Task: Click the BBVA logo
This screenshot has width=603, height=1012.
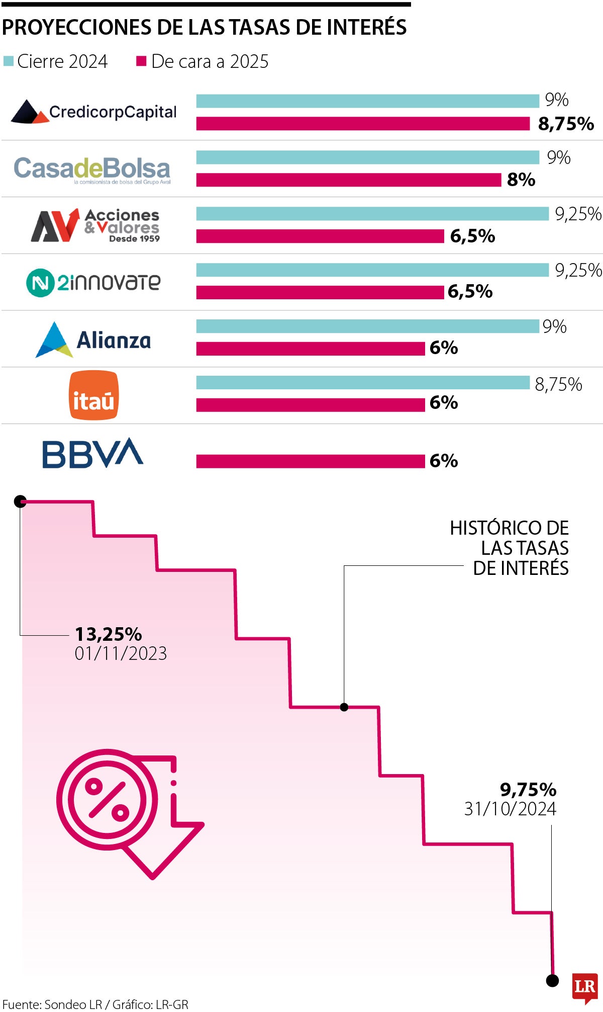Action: coord(93,453)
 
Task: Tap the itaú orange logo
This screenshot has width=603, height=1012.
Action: coord(93,395)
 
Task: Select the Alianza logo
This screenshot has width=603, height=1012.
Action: coord(93,340)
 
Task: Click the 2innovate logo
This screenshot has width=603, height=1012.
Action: coord(93,282)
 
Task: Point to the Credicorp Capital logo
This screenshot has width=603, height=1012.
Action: coord(93,112)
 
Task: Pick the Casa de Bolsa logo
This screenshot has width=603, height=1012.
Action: coord(92,170)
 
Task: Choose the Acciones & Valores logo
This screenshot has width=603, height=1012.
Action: coord(95,225)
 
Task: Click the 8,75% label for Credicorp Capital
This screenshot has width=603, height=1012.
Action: coord(566,124)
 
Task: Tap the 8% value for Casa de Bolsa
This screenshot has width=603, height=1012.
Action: coord(521,180)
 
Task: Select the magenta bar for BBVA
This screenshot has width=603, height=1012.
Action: coord(311,461)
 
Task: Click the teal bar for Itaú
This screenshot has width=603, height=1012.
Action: coord(363,383)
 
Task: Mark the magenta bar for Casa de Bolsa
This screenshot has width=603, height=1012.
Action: coord(349,180)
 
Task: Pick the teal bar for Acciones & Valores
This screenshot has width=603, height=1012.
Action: coord(372,214)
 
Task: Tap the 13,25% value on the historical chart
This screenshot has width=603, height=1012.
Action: coord(109,634)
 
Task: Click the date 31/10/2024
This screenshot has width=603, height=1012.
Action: coord(510,809)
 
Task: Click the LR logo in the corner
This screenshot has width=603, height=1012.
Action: coord(585,988)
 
